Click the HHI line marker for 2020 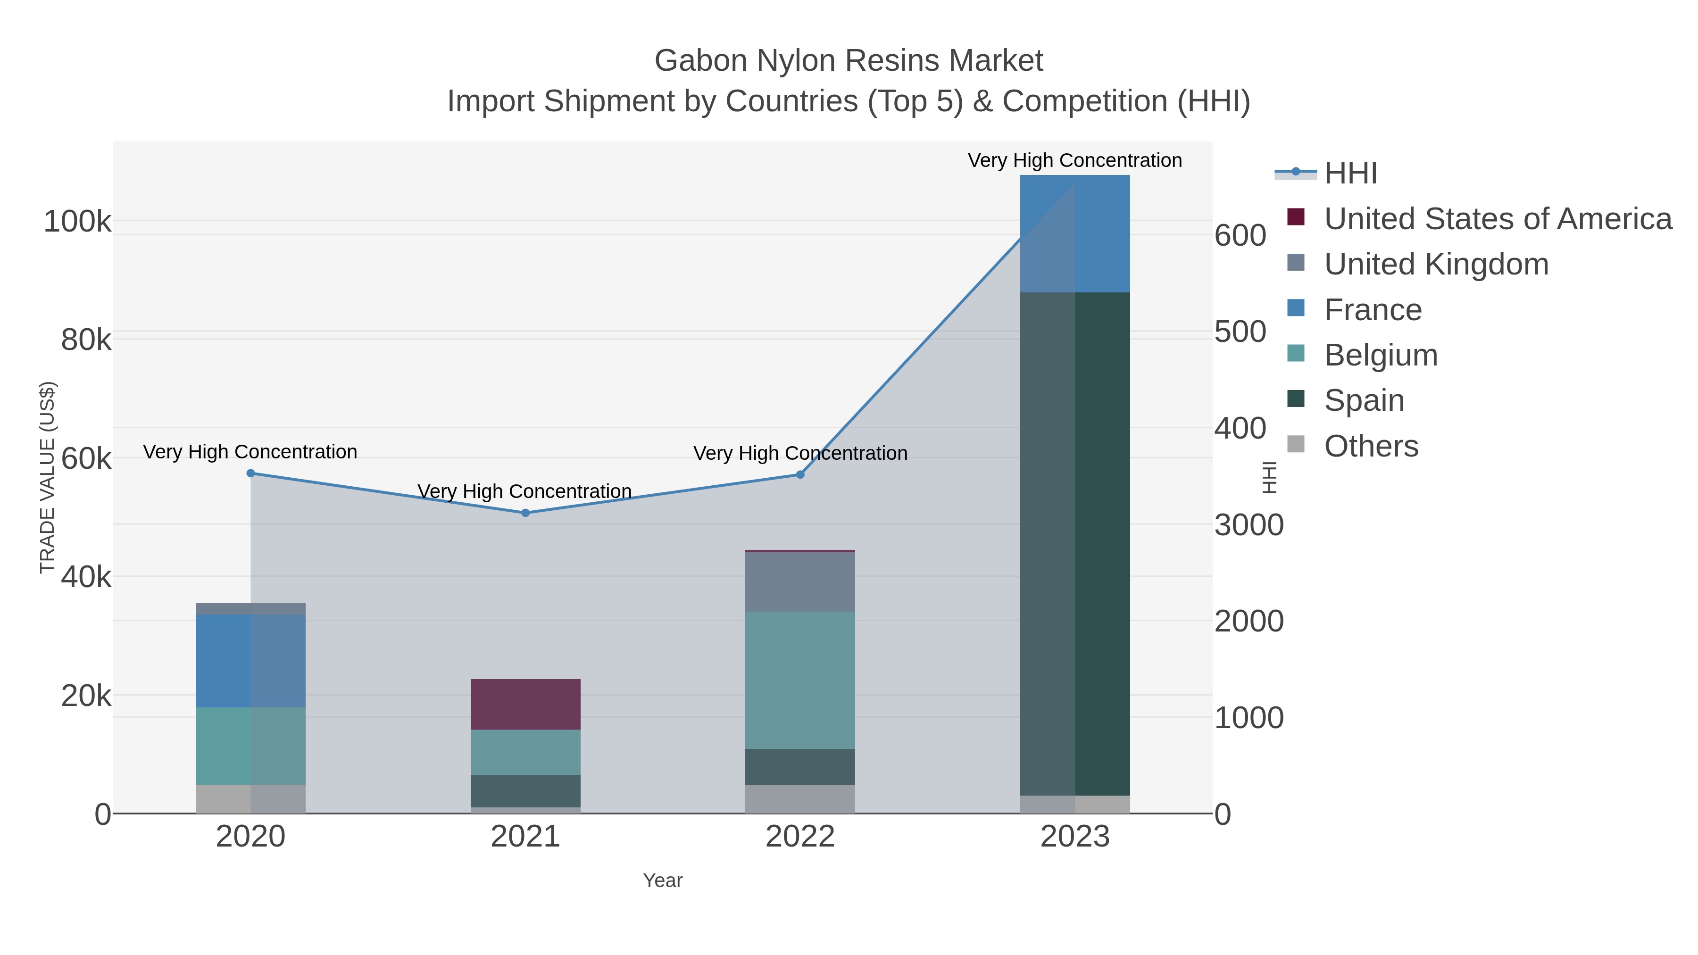pyautogui.click(x=250, y=473)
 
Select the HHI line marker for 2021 pyautogui.click(x=525, y=513)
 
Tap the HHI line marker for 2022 pyautogui.click(x=800, y=474)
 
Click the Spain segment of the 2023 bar pyautogui.click(x=1075, y=544)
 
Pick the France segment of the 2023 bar pyautogui.click(x=1075, y=234)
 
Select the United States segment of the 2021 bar pyautogui.click(x=525, y=704)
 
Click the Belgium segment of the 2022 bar pyautogui.click(x=800, y=680)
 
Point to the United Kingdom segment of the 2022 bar pyautogui.click(x=800, y=582)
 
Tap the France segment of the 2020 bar pyautogui.click(x=250, y=661)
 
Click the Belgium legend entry pyautogui.click(x=1380, y=355)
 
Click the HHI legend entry pyautogui.click(x=1350, y=174)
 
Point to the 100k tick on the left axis pyautogui.click(x=77, y=222)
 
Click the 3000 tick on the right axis pyautogui.click(x=1249, y=525)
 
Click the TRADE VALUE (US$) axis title pyautogui.click(x=48, y=477)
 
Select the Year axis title pyautogui.click(x=663, y=880)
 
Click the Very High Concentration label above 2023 pyautogui.click(x=1074, y=160)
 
